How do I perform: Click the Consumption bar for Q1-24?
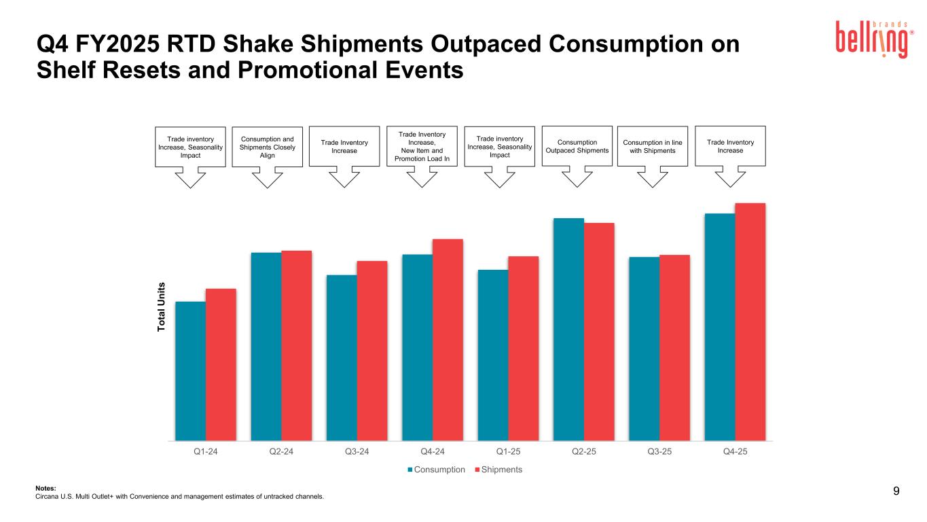coord(191,371)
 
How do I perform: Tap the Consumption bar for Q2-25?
coord(568,329)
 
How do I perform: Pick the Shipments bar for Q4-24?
coord(448,340)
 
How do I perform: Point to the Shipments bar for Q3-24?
coord(372,351)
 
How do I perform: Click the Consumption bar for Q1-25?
coord(493,355)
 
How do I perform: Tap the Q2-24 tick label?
coord(281,453)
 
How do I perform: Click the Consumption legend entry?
coord(436,470)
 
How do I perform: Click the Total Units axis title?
coord(162,307)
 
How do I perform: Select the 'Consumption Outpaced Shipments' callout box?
coord(577,146)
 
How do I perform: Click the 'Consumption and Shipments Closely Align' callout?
coord(267,147)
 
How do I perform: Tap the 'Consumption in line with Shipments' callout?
coord(652,146)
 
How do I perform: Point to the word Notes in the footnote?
coord(45,487)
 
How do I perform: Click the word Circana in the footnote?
coord(47,496)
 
